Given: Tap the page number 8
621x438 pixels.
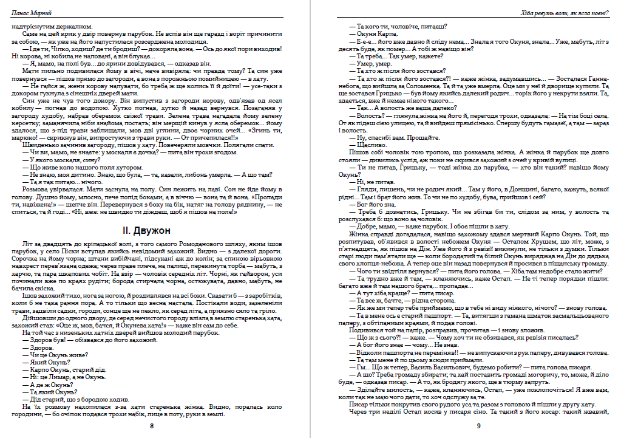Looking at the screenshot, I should pos(152,426).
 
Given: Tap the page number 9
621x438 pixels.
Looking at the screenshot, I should pos(478,426).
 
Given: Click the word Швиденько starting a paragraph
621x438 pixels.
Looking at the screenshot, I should pos(38,146).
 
